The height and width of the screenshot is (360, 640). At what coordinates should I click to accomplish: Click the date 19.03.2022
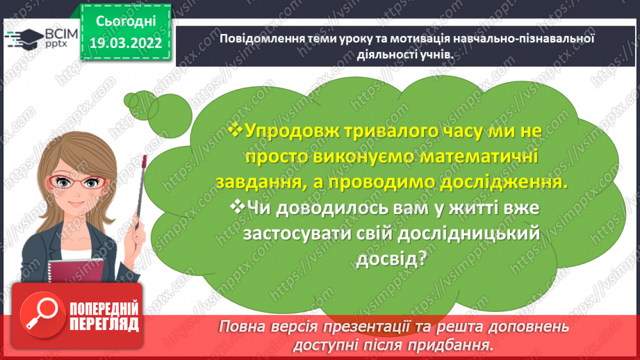(126, 42)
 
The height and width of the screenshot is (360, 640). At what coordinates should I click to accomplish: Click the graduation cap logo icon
(23, 38)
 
